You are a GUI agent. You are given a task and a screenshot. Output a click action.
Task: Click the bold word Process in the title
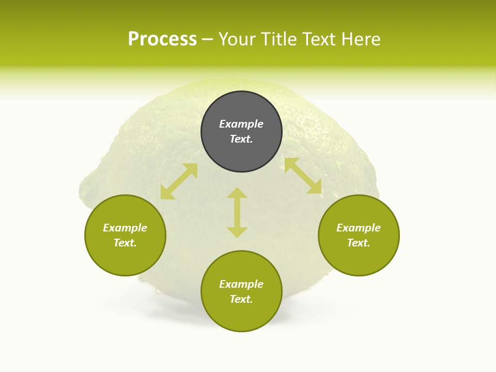162,39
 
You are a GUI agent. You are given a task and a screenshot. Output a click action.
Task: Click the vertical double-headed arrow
237,212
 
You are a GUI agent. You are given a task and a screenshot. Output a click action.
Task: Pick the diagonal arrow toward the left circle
179,181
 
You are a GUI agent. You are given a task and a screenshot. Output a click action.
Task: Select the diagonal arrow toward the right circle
303,176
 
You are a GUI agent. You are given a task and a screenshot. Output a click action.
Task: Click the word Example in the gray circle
241,124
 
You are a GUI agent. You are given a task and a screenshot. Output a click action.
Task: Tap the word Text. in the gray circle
241,139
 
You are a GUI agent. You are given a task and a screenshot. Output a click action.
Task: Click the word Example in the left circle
125,228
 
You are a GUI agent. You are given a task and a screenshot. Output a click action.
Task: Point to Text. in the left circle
125,243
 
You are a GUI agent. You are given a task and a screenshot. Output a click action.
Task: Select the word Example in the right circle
359,228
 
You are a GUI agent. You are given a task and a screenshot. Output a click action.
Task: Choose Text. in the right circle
359,243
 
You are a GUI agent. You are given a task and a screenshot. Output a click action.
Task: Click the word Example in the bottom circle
241,284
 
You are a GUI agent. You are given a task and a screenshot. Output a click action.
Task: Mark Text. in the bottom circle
241,299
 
